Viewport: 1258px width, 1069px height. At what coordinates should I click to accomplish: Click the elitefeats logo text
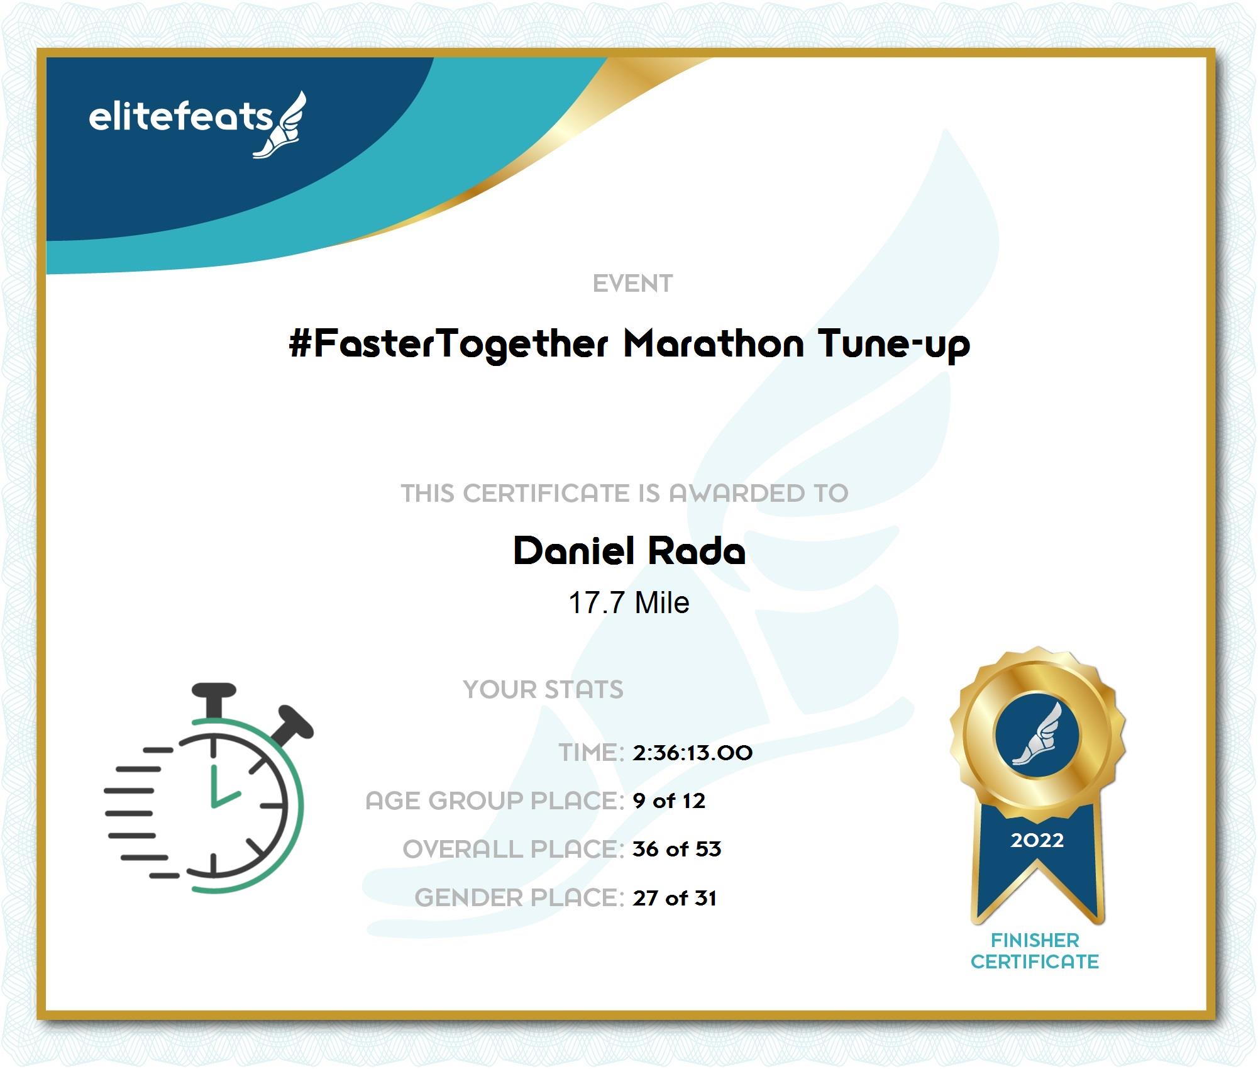[180, 117]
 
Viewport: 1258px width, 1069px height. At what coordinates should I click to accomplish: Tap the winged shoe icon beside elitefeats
[280, 125]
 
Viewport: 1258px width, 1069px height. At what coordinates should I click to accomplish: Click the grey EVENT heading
[632, 284]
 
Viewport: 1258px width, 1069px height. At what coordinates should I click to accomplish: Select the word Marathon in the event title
[714, 344]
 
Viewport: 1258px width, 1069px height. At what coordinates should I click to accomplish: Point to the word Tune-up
[894, 345]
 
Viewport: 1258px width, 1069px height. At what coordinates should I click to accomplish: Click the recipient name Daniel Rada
[629, 551]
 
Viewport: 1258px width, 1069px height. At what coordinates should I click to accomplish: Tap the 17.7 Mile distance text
[629, 602]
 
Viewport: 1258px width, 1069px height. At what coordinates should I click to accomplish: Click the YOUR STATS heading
[543, 690]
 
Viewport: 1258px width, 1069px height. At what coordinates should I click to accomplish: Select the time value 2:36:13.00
[692, 753]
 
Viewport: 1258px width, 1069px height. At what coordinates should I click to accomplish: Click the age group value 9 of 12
[669, 801]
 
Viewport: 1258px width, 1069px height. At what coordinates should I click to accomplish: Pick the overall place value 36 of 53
[676, 850]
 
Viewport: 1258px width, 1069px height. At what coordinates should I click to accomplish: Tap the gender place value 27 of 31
[675, 898]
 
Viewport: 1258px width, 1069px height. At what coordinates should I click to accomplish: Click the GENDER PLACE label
[519, 898]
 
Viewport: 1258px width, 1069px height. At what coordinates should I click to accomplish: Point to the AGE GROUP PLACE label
[495, 801]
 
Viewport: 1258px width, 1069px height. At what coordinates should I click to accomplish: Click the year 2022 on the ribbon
[1037, 840]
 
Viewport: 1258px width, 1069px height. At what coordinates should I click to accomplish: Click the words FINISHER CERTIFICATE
[1035, 951]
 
